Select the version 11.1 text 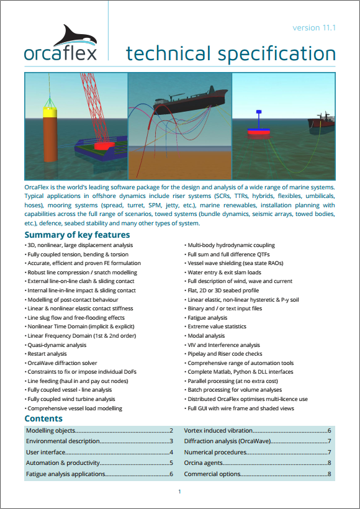pyautogui.click(x=314, y=28)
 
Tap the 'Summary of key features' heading pyautogui.click(x=77, y=235)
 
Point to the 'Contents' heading pyautogui.click(x=43, y=419)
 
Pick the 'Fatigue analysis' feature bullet pyautogui.click(x=207, y=317)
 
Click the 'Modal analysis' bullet pyautogui.click(x=206, y=335)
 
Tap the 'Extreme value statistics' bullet pyautogui.click(x=217, y=327)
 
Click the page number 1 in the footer pyautogui.click(x=179, y=492)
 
